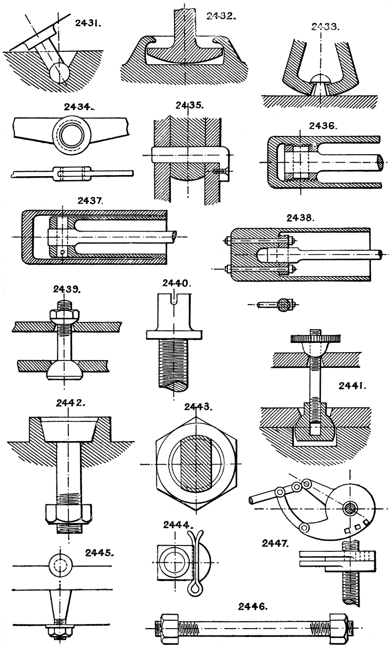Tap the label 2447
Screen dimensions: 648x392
pyautogui.click(x=276, y=543)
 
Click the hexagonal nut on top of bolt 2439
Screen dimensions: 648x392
pyautogui.click(x=65, y=315)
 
